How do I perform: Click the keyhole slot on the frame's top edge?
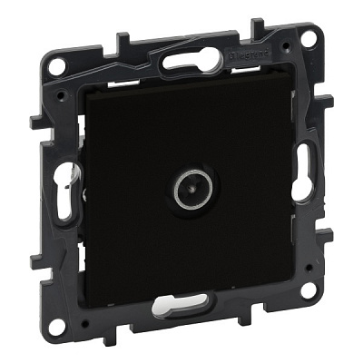[x=193, y=57]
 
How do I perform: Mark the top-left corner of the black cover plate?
[x=83, y=94]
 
